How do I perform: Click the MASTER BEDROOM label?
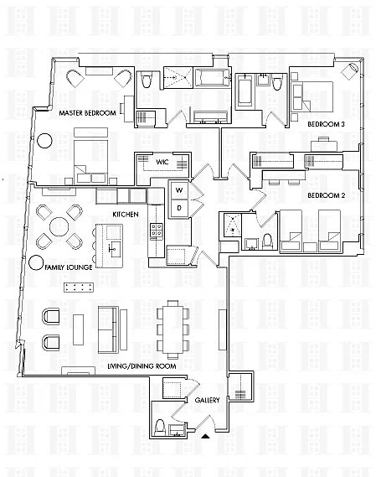(x=87, y=113)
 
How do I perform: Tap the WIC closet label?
(x=162, y=162)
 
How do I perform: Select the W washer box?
(x=179, y=191)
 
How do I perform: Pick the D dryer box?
(x=179, y=208)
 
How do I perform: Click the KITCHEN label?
(x=126, y=215)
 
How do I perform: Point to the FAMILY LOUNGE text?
(x=69, y=267)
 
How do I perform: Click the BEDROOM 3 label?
(x=326, y=124)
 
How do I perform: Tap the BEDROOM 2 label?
(x=327, y=195)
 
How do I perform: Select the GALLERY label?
(x=207, y=400)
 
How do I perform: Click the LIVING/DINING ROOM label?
(x=142, y=366)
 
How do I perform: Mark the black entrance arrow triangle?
(x=206, y=437)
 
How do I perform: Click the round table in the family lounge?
(x=59, y=226)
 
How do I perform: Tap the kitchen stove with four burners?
(x=156, y=230)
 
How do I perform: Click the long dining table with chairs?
(x=172, y=329)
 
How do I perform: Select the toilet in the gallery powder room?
(x=160, y=427)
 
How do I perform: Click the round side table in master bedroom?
(x=44, y=141)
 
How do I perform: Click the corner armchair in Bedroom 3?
(x=350, y=70)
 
